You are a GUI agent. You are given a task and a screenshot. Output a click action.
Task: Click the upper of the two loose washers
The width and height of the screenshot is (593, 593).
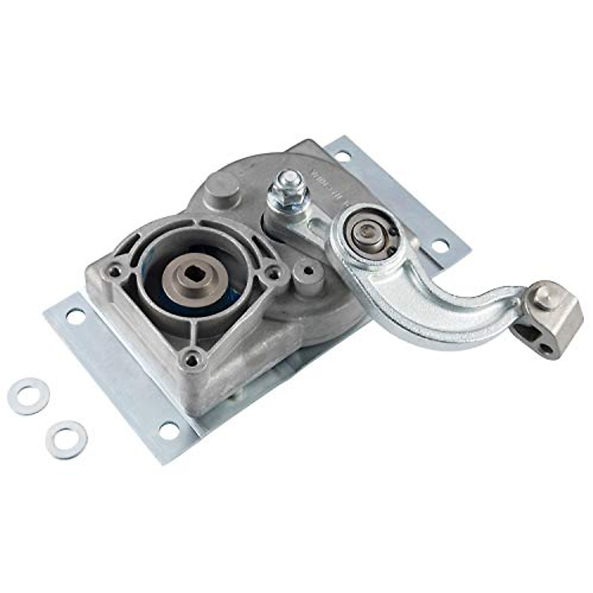click(29, 395)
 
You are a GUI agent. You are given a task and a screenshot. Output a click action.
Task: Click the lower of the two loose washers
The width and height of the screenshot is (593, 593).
click(66, 439)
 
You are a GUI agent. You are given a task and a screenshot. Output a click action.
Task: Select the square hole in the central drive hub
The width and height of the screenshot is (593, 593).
click(197, 273)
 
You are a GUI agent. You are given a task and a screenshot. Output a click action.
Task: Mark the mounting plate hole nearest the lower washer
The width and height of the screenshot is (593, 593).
click(169, 431)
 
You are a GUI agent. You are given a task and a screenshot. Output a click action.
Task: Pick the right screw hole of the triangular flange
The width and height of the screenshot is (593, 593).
click(271, 272)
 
